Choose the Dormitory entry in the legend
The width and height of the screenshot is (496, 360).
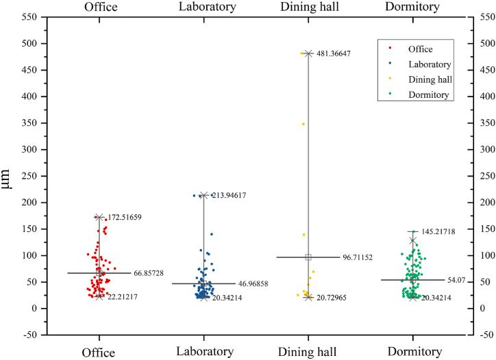point(428,95)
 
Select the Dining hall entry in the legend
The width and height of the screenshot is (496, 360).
point(430,79)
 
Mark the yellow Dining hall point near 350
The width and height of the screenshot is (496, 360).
point(303,124)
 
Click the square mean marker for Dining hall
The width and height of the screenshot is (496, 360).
point(308,257)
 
